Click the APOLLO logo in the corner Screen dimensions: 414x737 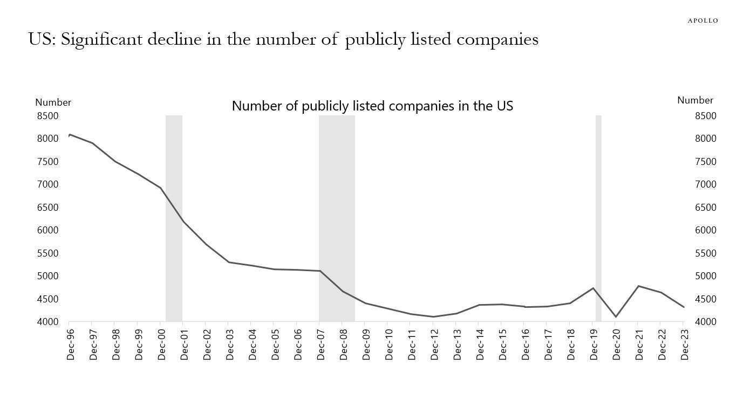click(702, 20)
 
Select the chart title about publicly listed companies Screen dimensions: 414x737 click(372, 106)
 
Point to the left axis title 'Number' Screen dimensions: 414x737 click(53, 102)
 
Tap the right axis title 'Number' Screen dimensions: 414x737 click(695, 100)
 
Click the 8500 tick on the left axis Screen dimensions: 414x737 click(48, 116)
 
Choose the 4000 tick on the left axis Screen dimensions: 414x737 click(48, 322)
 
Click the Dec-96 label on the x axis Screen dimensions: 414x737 click(70, 345)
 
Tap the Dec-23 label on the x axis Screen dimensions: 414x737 click(683, 345)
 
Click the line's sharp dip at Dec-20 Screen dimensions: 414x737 click(616, 316)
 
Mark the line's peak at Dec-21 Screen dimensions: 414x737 click(638, 286)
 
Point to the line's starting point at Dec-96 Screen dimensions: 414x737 click(70, 135)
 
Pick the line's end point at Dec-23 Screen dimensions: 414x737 click(684, 307)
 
